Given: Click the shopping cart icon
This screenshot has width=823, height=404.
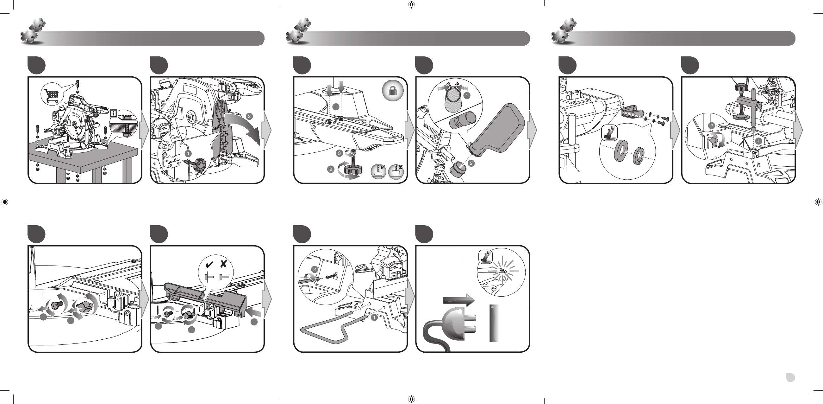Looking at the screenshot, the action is (53, 95).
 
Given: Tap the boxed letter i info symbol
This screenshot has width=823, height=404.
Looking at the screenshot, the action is (113, 113).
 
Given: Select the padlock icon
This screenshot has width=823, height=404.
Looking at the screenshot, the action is (393, 91).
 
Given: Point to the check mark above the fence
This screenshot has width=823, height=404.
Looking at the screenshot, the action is (209, 264).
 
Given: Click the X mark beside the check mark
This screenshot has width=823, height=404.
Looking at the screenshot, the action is (224, 264).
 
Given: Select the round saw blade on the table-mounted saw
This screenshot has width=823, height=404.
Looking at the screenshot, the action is (73, 125).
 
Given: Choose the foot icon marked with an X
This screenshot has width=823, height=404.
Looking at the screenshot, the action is (396, 171).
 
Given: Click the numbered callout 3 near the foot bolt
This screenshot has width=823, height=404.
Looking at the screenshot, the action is (340, 154).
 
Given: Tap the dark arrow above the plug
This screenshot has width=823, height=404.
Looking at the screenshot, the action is (459, 300).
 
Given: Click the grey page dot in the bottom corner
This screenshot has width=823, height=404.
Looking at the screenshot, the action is (790, 377).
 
